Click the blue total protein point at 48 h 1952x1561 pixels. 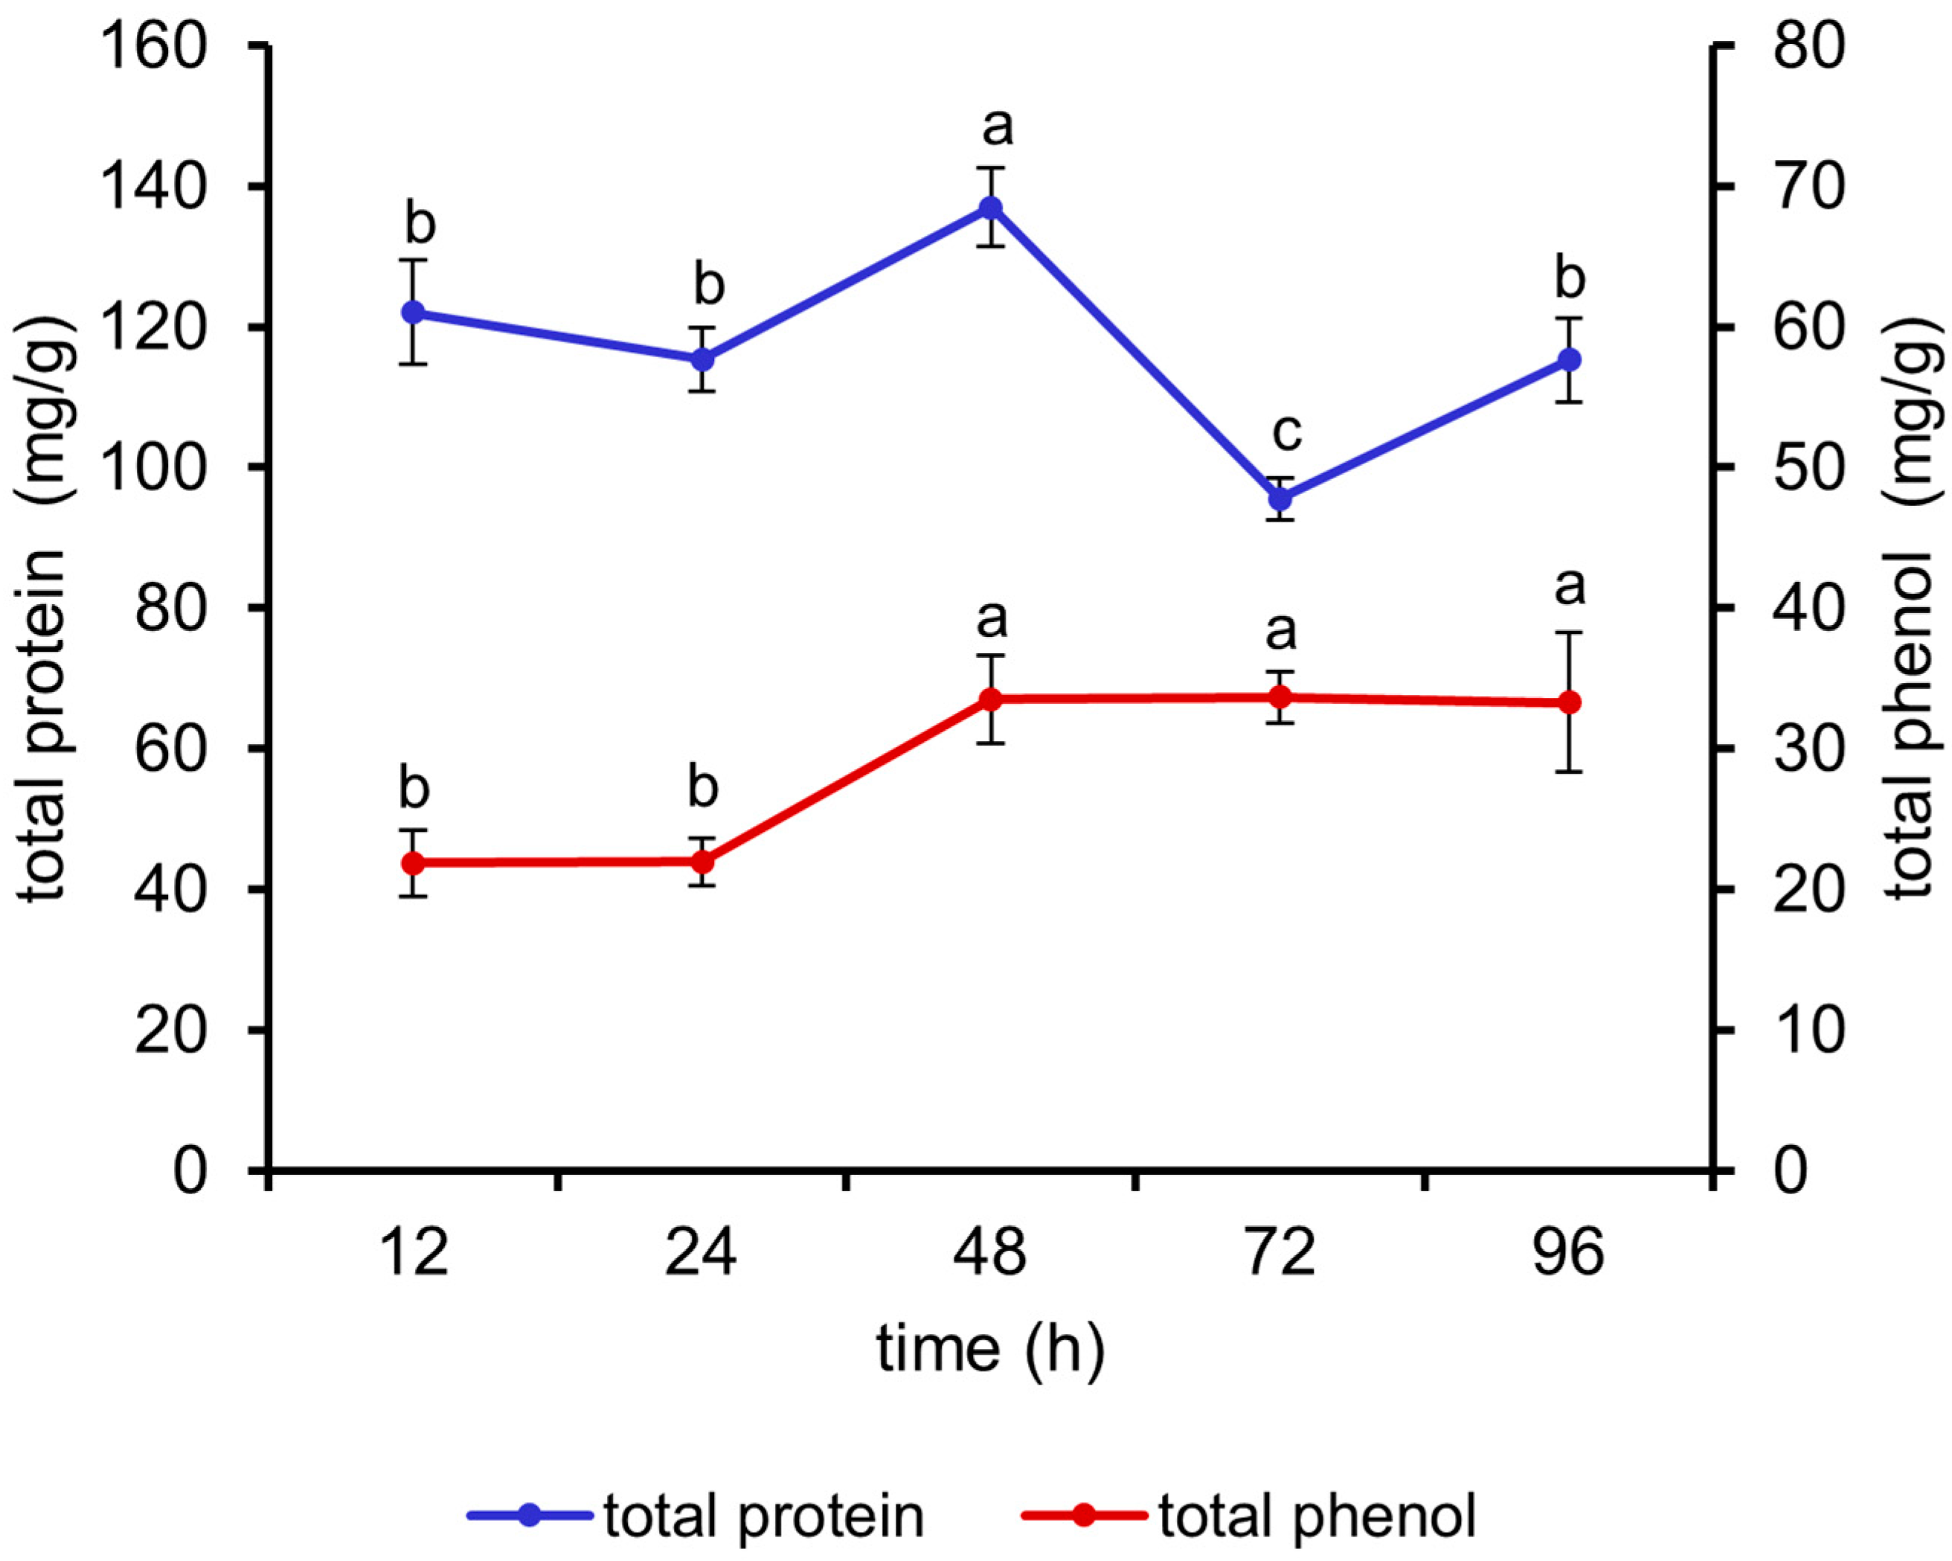992,208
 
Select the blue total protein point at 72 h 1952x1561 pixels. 1280,499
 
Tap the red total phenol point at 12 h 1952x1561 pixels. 414,862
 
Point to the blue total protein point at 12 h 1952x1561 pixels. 414,312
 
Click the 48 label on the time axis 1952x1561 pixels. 990,1253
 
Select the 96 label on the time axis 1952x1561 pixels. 1568,1253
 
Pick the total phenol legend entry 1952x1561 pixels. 1250,1515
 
